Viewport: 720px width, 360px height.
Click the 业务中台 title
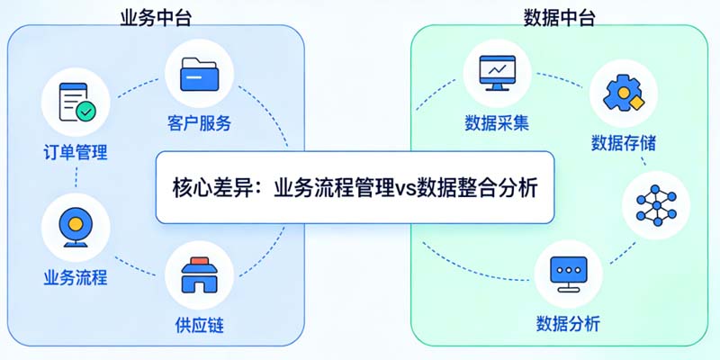154,17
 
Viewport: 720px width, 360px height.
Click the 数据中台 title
559,17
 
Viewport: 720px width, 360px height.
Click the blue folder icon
199,75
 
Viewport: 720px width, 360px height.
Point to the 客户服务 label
199,123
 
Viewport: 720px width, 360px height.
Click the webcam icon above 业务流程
76,225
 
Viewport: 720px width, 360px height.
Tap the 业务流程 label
76,277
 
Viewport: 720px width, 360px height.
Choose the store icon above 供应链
199,274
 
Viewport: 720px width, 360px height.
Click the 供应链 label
199,325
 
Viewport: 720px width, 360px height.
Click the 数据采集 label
496,122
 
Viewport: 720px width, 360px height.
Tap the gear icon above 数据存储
622,94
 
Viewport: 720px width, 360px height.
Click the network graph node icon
655,206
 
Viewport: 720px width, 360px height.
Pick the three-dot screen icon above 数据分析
567,272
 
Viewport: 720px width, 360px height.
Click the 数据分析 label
567,323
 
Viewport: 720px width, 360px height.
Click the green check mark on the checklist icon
85,112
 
